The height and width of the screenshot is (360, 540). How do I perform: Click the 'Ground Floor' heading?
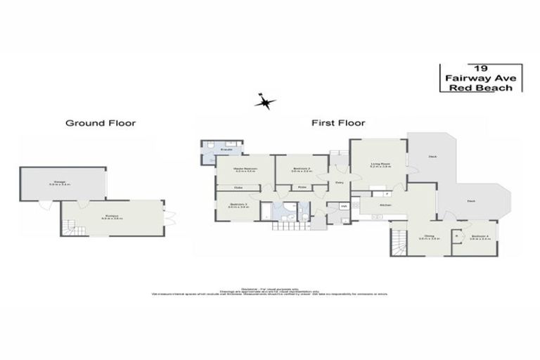click(101, 123)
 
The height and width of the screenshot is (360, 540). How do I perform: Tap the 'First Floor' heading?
click(338, 123)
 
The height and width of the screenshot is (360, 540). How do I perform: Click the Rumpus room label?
click(112, 217)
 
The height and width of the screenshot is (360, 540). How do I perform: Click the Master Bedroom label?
click(245, 169)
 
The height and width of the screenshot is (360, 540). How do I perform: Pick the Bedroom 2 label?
click(300, 169)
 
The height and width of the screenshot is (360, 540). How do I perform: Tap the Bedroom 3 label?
click(238, 205)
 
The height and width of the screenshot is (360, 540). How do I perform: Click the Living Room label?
click(380, 166)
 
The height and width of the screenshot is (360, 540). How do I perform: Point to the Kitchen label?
click(385, 205)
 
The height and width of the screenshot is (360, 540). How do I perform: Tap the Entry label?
click(339, 183)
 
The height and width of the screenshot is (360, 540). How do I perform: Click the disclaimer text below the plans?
click(270, 290)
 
